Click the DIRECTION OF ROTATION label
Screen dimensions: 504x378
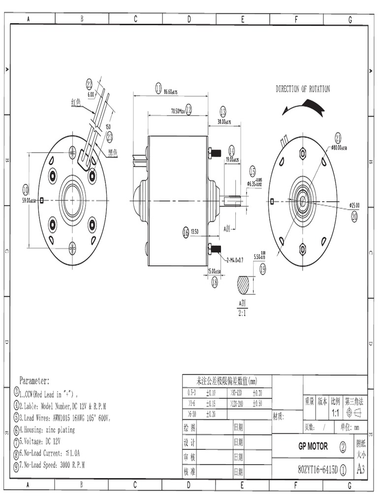point(303,89)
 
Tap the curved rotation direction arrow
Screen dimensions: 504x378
point(304,107)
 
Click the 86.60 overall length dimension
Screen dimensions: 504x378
point(170,92)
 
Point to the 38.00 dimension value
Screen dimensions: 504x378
point(224,122)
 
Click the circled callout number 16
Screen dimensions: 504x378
point(186,232)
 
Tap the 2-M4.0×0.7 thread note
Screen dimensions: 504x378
point(235,259)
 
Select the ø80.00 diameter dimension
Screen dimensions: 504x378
point(340,147)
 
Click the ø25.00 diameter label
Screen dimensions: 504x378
point(354,205)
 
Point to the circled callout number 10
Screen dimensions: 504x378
point(26,189)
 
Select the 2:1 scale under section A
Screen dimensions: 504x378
point(242,313)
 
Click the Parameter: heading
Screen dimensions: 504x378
point(34,380)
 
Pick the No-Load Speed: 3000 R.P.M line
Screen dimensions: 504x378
point(51,465)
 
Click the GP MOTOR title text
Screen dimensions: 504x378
point(313,446)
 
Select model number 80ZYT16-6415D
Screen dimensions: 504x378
point(318,470)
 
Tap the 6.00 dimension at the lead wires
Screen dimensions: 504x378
point(91,94)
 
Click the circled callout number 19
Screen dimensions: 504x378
point(262,269)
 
